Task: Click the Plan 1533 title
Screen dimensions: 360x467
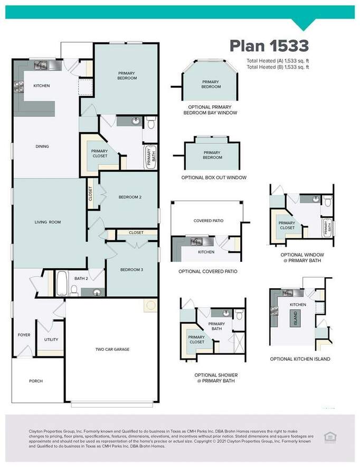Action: pos(269,46)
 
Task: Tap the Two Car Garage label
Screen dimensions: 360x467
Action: pos(112,349)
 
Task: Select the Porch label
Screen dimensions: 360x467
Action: pos(36,381)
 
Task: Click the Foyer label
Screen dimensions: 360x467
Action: pos(24,335)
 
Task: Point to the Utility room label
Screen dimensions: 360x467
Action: pos(51,340)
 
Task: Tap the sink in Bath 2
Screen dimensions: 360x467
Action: pos(97,292)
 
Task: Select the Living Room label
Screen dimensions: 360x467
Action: pos(48,222)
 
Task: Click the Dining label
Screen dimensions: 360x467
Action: pos(42,146)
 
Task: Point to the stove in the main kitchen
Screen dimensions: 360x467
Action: pos(19,87)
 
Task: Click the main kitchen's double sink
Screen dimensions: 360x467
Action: pos(41,65)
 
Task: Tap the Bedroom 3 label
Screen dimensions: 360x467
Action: pos(131,270)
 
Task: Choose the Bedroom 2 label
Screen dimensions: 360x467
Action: pos(130,197)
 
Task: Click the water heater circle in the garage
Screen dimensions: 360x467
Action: pos(151,305)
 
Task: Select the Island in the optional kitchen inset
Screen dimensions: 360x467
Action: pos(295,318)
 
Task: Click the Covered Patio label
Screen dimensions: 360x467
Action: pos(209,221)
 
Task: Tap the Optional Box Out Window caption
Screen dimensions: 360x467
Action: pos(214,178)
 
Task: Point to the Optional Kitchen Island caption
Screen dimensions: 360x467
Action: pos(300,359)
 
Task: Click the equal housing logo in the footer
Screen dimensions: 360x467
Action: pos(330,437)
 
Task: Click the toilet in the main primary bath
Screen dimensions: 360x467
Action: pos(151,122)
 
